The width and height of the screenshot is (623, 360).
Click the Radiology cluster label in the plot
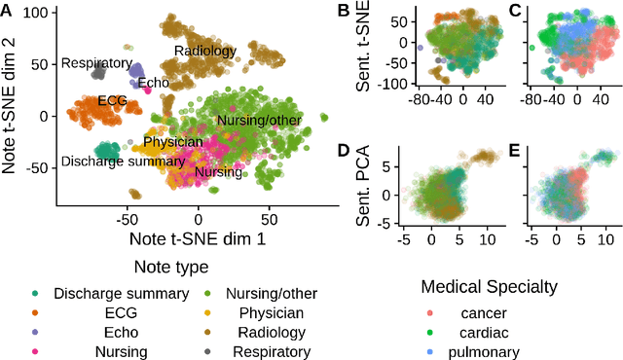205,51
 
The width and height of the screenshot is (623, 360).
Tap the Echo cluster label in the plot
153,84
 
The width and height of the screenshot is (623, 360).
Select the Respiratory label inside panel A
96,63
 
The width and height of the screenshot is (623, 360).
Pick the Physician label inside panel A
173,143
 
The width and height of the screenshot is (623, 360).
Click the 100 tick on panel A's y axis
36,12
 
